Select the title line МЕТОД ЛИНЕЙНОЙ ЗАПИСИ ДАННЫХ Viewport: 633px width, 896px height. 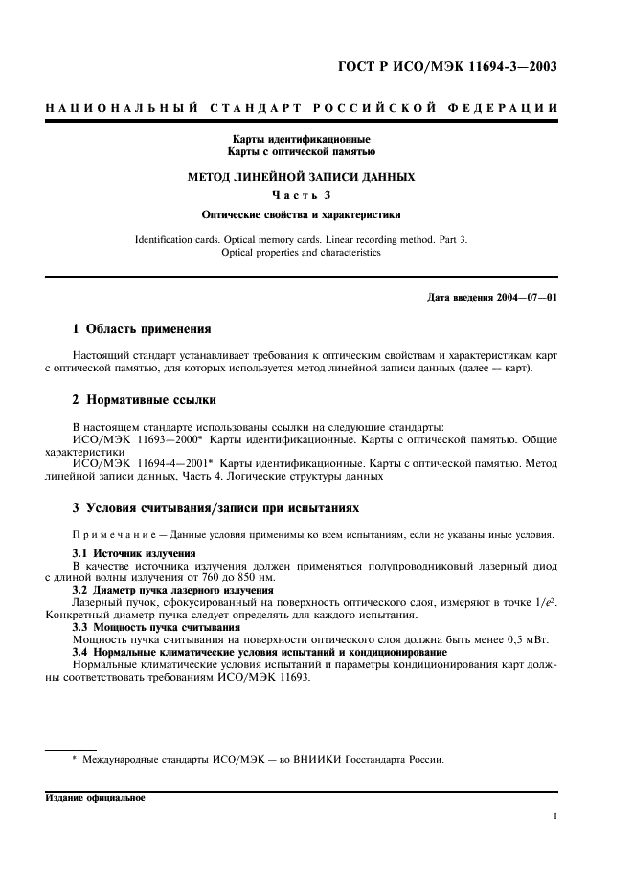(301, 177)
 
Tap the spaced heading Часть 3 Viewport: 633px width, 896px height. (301, 196)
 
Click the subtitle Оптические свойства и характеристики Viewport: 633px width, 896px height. (301, 215)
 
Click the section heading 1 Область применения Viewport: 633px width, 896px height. (142, 329)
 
